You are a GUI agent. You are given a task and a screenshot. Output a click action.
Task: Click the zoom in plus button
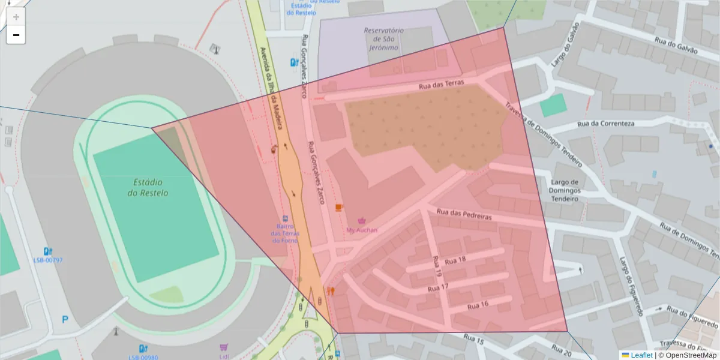pos(16,17)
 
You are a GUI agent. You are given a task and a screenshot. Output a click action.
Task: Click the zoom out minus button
pos(16,35)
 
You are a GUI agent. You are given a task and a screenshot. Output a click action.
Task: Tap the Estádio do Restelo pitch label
pos(148,187)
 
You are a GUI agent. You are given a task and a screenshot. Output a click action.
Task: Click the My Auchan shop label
pos(362,230)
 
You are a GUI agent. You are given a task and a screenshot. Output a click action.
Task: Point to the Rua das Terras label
pos(441,85)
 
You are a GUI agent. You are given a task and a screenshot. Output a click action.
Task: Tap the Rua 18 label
pos(453,259)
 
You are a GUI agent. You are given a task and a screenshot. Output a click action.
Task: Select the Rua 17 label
pos(437,288)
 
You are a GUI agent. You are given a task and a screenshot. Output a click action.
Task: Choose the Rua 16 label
pos(478,305)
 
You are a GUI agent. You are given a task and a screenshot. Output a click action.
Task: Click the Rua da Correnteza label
pos(605,124)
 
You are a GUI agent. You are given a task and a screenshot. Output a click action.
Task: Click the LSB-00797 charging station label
pos(48,260)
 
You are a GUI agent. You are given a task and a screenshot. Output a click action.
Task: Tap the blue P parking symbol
pos(65,320)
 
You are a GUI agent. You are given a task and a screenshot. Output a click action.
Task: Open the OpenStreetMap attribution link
pos(688,355)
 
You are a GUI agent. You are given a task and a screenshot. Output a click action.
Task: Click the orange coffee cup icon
pos(339,207)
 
